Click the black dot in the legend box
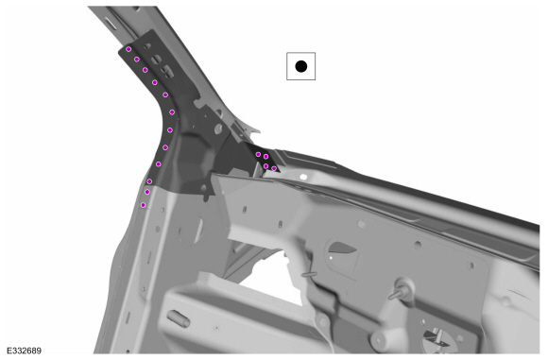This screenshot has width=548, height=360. pyautogui.click(x=300, y=66)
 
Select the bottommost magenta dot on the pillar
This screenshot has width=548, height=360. pyautogui.click(x=143, y=204)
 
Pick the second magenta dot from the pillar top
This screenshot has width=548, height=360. pyautogui.click(x=137, y=60)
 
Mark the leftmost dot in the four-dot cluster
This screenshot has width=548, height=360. pyautogui.click(x=258, y=154)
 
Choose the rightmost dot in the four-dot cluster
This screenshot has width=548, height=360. pyautogui.click(x=274, y=168)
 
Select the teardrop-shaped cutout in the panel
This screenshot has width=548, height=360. pyautogui.click(x=339, y=251)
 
